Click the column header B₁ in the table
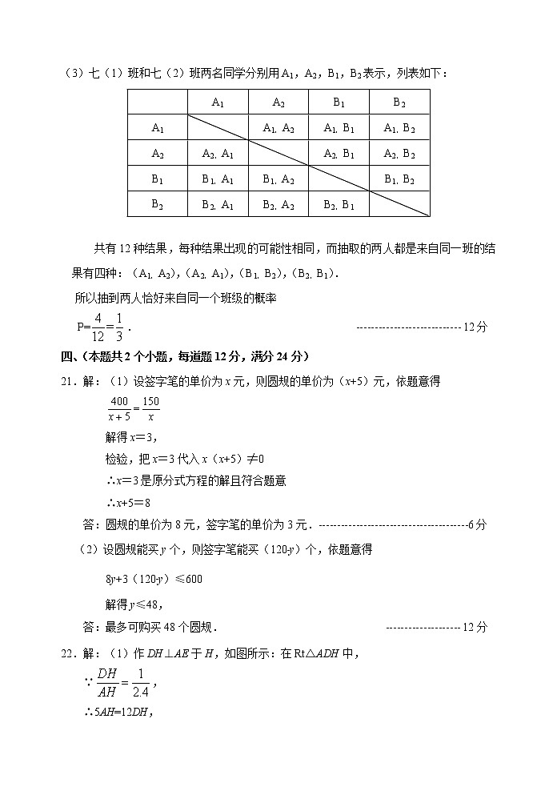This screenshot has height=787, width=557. click(x=339, y=102)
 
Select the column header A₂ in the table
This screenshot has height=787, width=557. click(x=278, y=102)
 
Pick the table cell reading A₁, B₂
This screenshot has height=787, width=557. click(x=399, y=127)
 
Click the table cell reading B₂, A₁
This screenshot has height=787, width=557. click(x=218, y=204)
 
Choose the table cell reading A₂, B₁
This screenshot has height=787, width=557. click(x=339, y=153)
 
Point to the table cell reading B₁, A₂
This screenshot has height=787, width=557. click(x=278, y=179)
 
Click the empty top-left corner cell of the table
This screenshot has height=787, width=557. click(x=158, y=102)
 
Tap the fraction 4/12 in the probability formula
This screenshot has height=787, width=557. click(x=97, y=327)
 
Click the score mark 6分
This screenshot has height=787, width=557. click(x=477, y=525)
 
